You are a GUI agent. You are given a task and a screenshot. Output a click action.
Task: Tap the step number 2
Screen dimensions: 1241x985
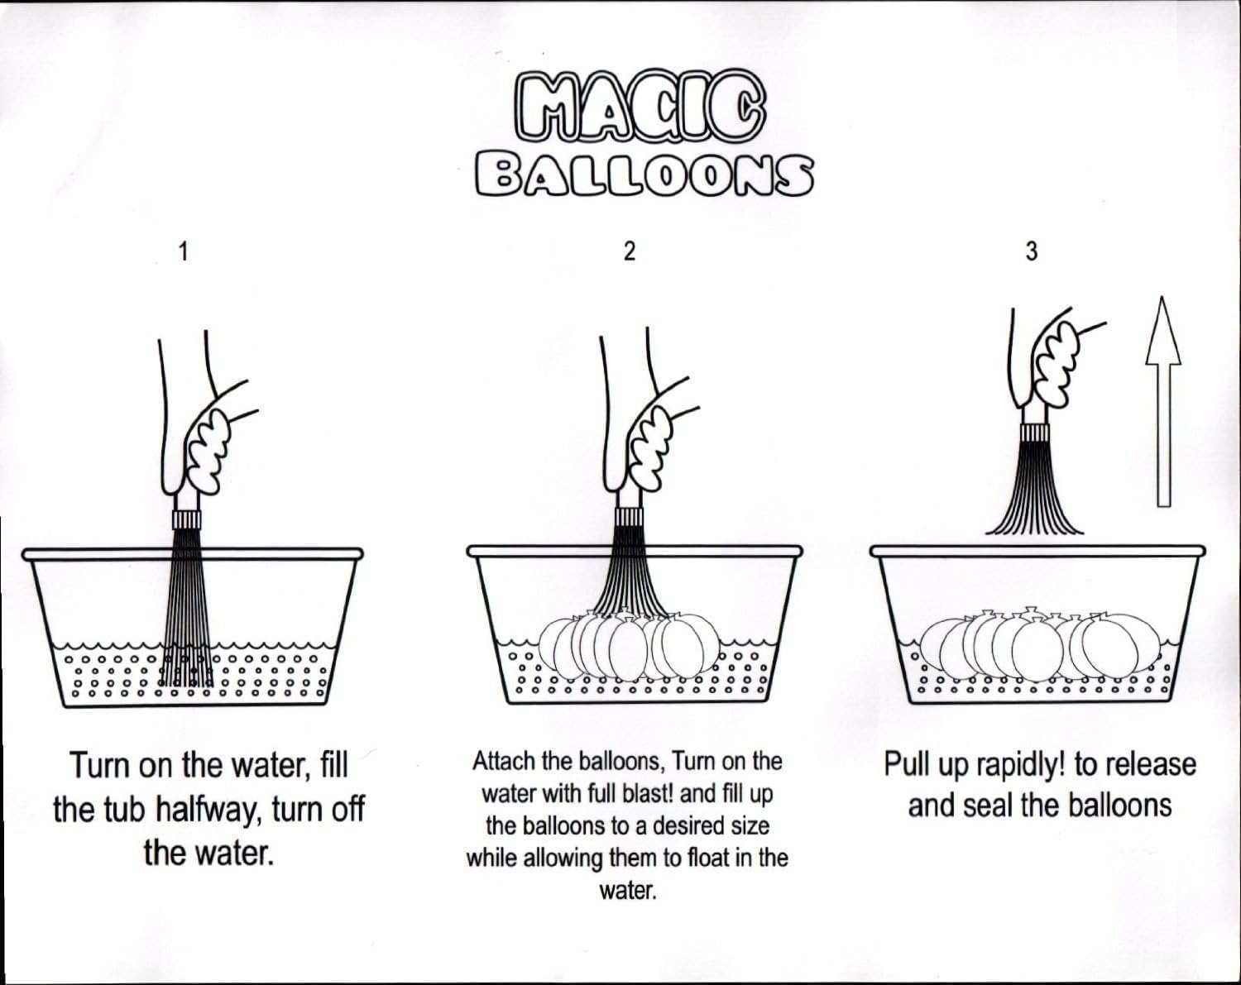[x=629, y=251]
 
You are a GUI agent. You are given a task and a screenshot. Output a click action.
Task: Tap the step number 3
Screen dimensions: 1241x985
[x=1032, y=251]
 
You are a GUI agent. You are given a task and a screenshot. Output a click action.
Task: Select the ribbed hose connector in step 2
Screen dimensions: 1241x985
[x=629, y=517]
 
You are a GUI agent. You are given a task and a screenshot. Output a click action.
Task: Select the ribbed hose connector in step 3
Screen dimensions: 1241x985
[x=1034, y=433]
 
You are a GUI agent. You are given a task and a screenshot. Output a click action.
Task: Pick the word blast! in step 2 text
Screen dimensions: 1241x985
[x=648, y=794]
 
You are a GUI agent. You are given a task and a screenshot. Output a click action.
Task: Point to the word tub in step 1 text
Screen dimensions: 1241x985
[x=119, y=810]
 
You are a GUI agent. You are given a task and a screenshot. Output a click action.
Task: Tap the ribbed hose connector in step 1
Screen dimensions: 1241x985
[x=187, y=520]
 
